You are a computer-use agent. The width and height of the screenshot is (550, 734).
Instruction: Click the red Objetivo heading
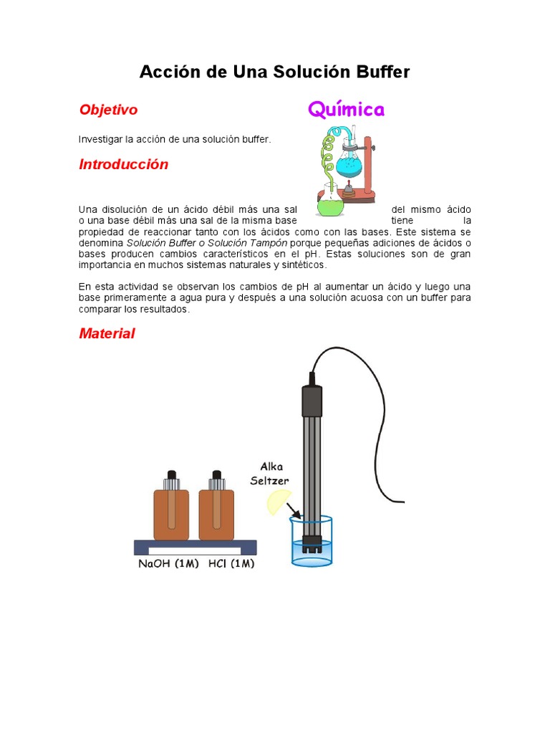pos(108,110)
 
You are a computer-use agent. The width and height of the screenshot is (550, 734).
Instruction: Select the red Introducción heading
pos(123,164)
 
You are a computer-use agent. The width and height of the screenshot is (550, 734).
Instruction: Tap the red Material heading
pos(107,333)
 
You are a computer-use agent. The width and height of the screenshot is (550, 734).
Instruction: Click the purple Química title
pos(346,110)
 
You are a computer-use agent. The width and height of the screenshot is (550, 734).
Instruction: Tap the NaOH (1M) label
pos(168,564)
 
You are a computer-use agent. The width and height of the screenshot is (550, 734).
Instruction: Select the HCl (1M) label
pos(231,564)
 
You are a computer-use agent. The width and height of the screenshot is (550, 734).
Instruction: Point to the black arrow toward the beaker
pos(292,511)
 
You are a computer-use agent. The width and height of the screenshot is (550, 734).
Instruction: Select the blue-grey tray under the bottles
pos(195,548)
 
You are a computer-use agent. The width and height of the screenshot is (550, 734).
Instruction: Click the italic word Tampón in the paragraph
pos(266,243)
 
